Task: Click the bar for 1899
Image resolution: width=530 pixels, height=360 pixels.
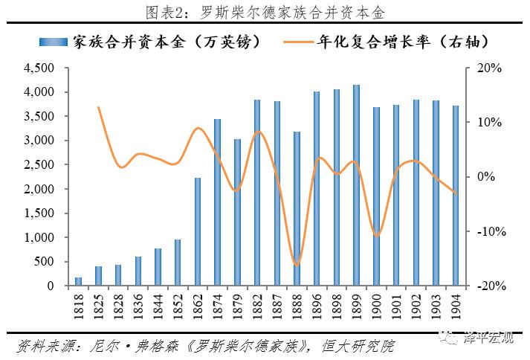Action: pyautogui.click(x=356, y=185)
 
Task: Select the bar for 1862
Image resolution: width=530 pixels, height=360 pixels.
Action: pyautogui.click(x=198, y=231)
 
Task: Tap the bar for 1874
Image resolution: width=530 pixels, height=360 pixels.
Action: pyautogui.click(x=218, y=202)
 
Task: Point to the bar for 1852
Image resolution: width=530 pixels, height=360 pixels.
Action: pyautogui.click(x=178, y=262)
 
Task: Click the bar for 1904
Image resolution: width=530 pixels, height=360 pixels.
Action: pyautogui.click(x=455, y=196)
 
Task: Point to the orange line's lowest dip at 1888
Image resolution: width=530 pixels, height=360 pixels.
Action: pyautogui.click(x=297, y=265)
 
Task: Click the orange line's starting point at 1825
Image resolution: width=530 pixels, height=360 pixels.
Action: pyautogui.click(x=99, y=108)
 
